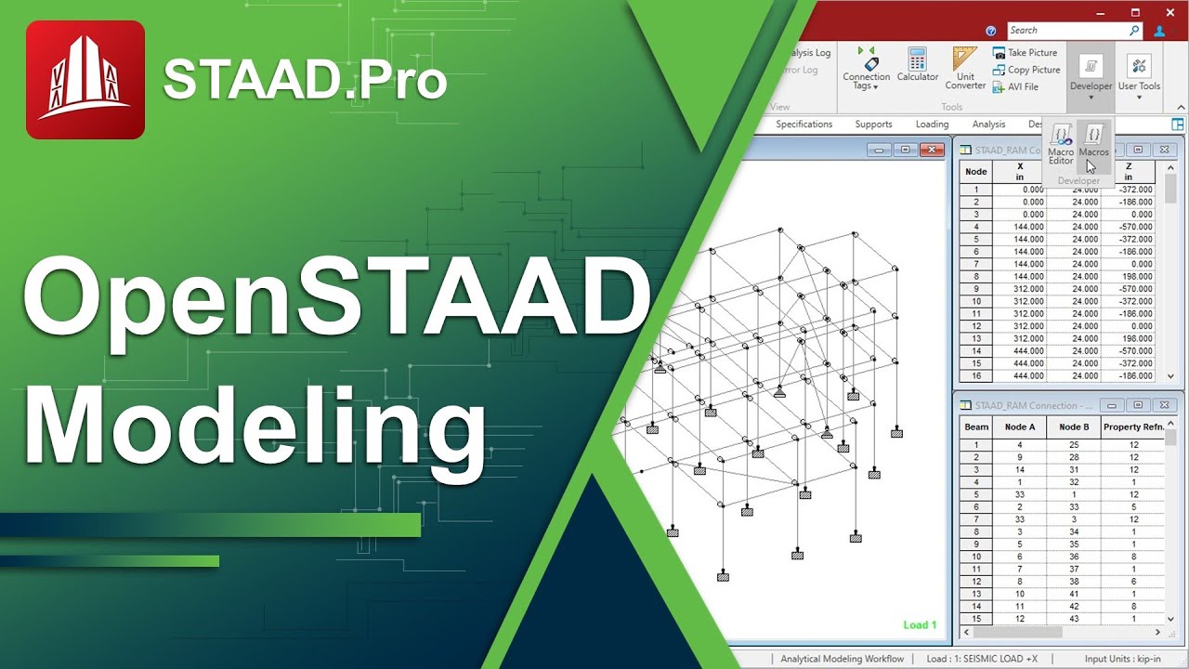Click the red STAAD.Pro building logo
85,80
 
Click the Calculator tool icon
918,66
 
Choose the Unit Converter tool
965,69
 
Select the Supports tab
873,124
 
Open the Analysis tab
988,124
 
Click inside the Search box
1067,31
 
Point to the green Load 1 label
920,625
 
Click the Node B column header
1074,426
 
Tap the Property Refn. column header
1133,426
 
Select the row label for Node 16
976,375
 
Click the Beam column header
976,426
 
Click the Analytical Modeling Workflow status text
842,659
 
